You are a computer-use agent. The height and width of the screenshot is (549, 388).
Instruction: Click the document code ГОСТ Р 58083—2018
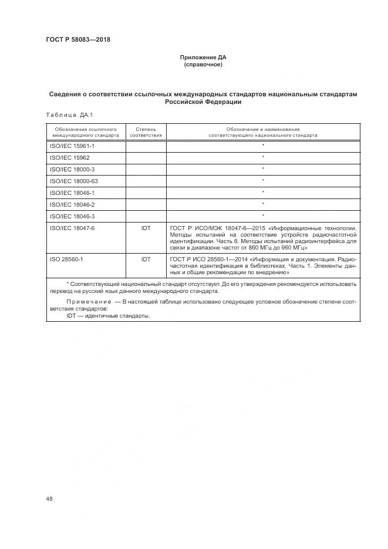78,40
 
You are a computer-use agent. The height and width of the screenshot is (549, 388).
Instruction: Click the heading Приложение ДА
203,58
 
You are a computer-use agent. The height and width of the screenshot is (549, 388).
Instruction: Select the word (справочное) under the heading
203,65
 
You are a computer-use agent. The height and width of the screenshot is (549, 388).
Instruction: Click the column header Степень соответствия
146,132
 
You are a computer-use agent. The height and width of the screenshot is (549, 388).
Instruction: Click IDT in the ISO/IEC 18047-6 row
146,228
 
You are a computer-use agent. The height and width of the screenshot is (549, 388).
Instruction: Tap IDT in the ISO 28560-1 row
146,259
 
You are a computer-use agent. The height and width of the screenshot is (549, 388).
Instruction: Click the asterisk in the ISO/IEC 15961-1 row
263,145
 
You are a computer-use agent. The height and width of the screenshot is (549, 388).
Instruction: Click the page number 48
49,499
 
